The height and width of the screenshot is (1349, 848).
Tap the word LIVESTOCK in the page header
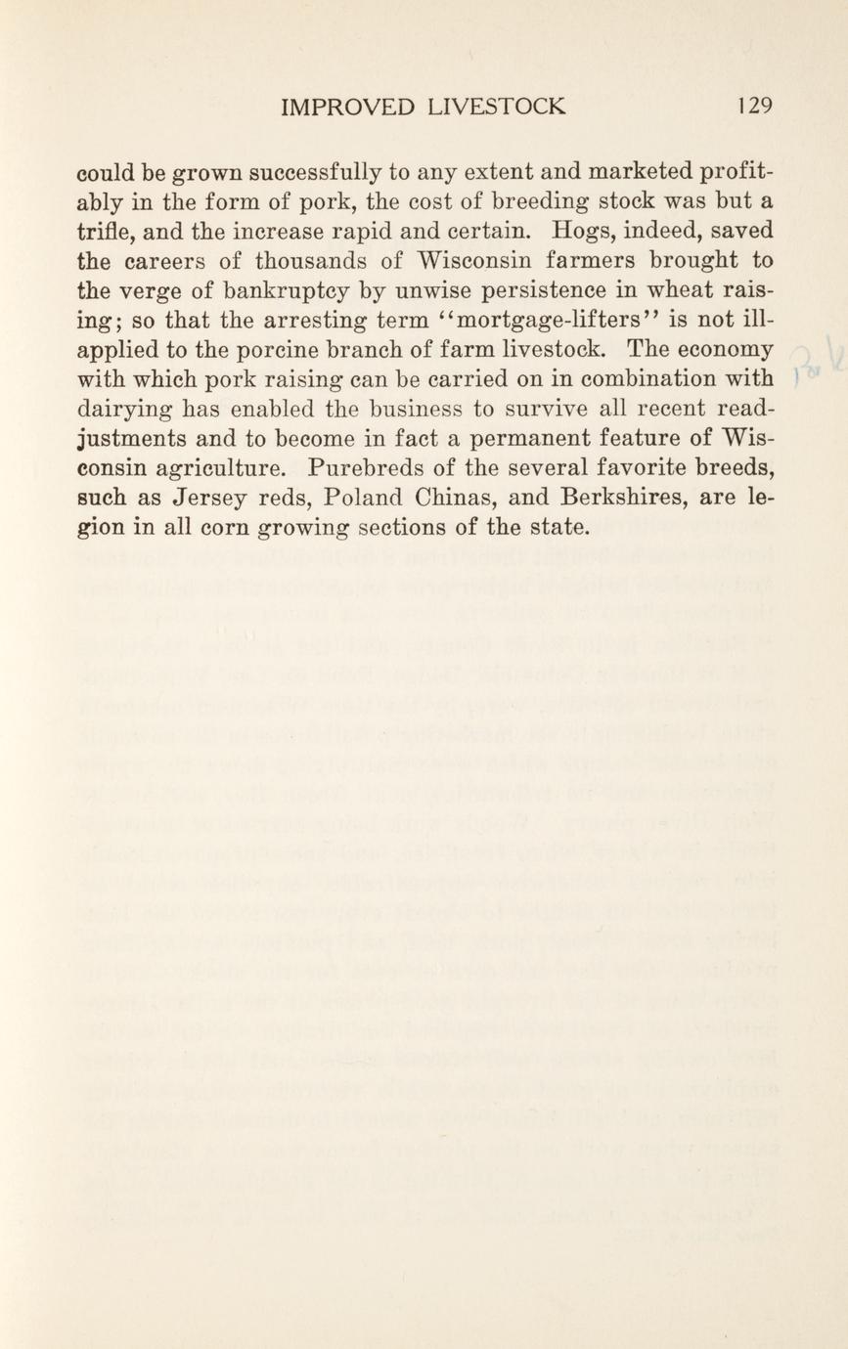point(497,106)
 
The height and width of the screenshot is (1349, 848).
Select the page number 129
point(755,106)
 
